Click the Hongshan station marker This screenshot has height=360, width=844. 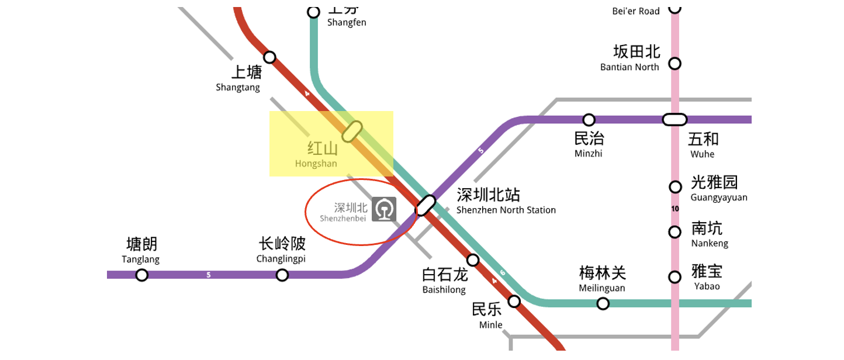(x=352, y=131)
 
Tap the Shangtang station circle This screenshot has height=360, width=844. (x=269, y=57)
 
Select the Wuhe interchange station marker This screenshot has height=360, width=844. (x=674, y=120)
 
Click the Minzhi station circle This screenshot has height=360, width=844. (x=589, y=120)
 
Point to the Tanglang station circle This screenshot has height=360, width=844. (x=141, y=275)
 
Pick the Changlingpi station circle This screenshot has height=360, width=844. (x=282, y=275)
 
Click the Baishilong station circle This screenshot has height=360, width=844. (x=473, y=259)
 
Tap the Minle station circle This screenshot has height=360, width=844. (x=514, y=301)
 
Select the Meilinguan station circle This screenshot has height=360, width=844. (x=603, y=303)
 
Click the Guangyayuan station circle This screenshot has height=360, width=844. (x=675, y=187)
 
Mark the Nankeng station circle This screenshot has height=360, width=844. (x=675, y=232)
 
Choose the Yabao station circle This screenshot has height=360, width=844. (x=675, y=277)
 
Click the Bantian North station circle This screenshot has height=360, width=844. (x=675, y=63)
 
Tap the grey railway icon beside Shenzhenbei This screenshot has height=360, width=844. (x=384, y=209)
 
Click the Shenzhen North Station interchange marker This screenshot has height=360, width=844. (x=426, y=205)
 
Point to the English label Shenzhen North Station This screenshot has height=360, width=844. (x=506, y=210)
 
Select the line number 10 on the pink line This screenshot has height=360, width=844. (x=675, y=209)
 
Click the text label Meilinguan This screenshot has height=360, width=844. (x=602, y=288)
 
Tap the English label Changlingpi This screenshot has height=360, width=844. (x=281, y=259)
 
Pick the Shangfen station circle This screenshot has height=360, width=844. (x=314, y=12)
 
